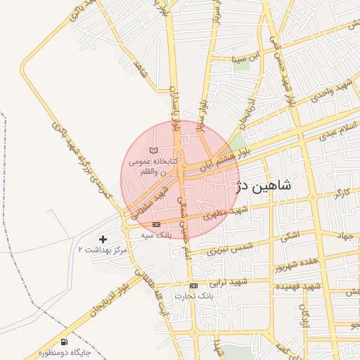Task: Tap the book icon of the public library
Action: (x=154, y=150)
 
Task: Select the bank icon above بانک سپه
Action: (x=156, y=224)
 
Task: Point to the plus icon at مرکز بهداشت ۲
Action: (x=104, y=240)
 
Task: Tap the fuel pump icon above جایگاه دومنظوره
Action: (x=65, y=341)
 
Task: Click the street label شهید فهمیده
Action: (x=298, y=286)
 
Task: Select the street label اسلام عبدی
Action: (x=338, y=130)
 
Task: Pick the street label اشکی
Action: (x=289, y=236)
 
